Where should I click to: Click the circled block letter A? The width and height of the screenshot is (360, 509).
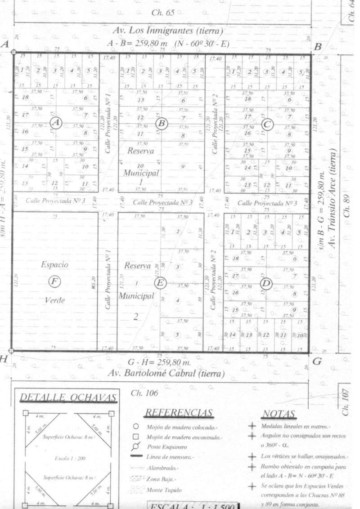point(56,122)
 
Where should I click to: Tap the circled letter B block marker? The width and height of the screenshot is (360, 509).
point(162,123)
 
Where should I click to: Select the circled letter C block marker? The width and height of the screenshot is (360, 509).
point(267,125)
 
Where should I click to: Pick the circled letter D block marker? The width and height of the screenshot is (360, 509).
point(266,284)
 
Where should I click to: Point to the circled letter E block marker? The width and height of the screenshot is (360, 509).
point(160,283)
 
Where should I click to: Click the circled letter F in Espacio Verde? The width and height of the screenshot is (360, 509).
point(54,282)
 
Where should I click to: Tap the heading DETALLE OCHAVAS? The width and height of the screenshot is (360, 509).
point(68,398)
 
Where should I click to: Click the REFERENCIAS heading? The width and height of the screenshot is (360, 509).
point(179,413)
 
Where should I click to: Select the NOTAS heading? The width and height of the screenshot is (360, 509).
point(279,414)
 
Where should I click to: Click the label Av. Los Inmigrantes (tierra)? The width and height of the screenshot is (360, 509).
point(167,31)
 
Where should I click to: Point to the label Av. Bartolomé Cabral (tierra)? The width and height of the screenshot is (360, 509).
point(166,373)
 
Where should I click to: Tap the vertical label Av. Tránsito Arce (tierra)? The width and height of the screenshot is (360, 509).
point(333,198)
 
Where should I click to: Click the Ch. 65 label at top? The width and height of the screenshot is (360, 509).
point(163,13)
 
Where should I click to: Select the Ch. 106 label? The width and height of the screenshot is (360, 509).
point(144,393)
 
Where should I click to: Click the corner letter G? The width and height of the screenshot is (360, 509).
point(317,361)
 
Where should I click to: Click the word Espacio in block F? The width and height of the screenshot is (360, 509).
point(54,265)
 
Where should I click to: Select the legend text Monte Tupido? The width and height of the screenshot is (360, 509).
point(164,490)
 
